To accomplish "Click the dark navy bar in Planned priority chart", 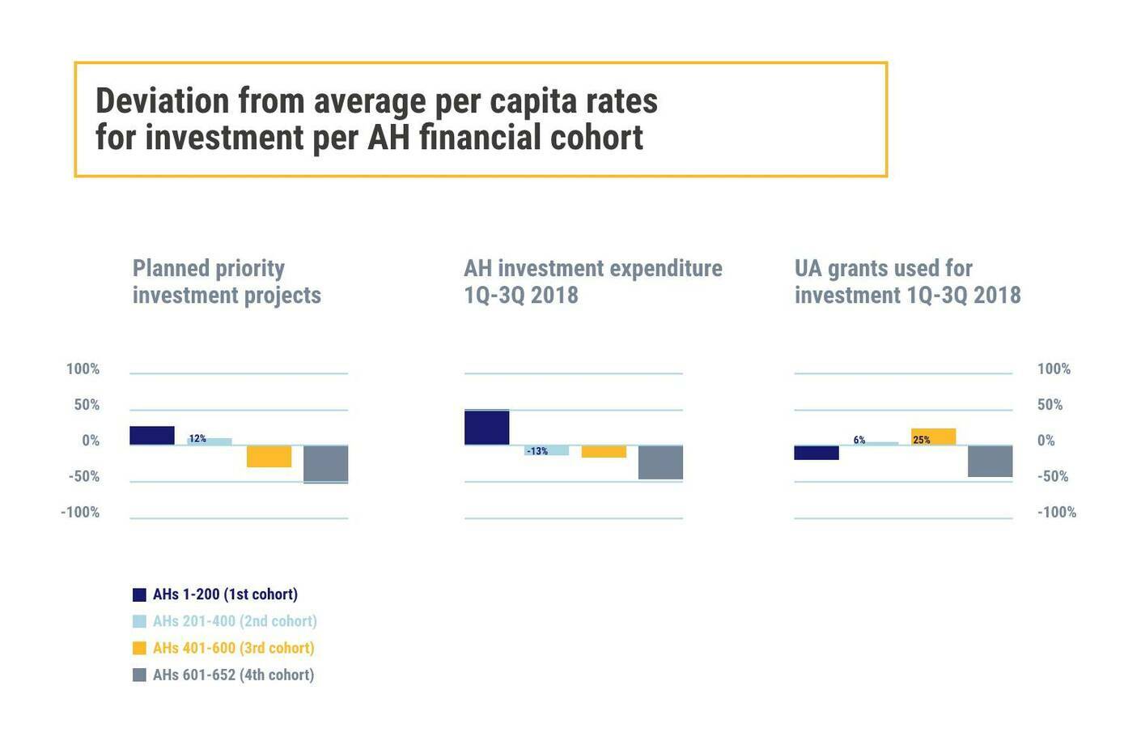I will (x=152, y=435).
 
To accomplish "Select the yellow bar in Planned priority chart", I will (x=269, y=456).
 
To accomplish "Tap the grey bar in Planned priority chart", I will (x=325, y=464).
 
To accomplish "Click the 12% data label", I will (x=197, y=439).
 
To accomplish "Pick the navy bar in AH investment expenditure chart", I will (x=486, y=428).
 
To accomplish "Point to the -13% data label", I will (x=537, y=451).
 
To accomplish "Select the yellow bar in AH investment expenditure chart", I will (x=604, y=452).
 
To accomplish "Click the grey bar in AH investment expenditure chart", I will (x=660, y=462).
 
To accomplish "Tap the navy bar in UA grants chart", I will (x=816, y=453).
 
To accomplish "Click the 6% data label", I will (x=859, y=440).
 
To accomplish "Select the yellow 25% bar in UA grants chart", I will (x=933, y=437).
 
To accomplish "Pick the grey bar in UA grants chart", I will (x=990, y=461).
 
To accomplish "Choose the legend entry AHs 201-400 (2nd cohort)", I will (x=235, y=621).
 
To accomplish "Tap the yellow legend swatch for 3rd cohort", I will (x=139, y=648).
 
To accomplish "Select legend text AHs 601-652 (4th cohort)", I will (x=233, y=675).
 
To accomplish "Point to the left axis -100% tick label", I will (x=80, y=512).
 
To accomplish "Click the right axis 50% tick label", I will (x=1050, y=405).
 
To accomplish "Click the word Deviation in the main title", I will (x=163, y=101).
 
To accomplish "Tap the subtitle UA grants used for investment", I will (x=907, y=281).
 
